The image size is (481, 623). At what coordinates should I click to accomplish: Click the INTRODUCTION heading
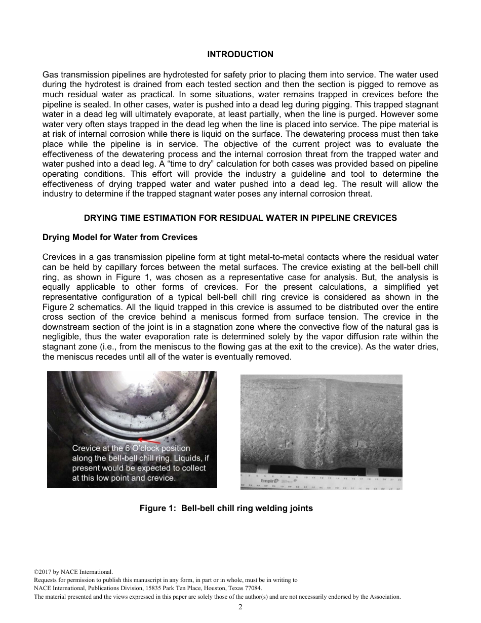[240, 54]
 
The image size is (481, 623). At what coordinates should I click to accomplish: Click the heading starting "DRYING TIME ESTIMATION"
[240, 218]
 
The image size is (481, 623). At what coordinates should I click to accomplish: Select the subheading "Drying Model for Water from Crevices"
[120, 237]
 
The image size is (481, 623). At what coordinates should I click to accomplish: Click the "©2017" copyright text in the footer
[43, 572]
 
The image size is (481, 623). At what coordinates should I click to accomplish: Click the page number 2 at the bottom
[240, 607]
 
